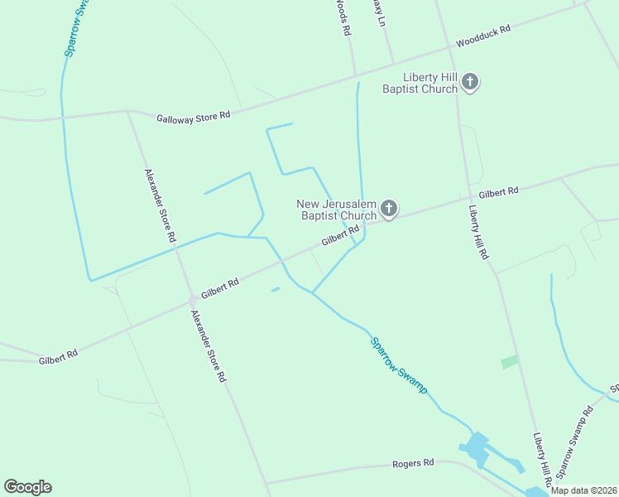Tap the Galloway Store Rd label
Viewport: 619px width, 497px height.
193,118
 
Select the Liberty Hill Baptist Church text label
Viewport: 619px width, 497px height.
420,83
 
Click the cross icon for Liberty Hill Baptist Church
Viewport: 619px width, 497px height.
470,82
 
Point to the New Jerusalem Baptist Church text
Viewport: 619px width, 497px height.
337,210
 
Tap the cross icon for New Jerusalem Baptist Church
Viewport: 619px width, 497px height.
388,209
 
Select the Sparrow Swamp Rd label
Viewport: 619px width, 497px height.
574,442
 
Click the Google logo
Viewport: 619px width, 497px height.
27,487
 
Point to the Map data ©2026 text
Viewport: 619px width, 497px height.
582,490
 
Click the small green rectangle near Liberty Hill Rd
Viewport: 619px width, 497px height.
509,362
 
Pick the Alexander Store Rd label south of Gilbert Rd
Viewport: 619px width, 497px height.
208,346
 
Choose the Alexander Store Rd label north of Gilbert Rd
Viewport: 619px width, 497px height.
161,205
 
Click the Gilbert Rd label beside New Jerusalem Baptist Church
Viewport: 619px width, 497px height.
340,235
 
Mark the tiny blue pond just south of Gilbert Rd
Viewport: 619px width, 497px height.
276,289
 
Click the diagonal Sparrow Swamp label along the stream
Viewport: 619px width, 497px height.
399,364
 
